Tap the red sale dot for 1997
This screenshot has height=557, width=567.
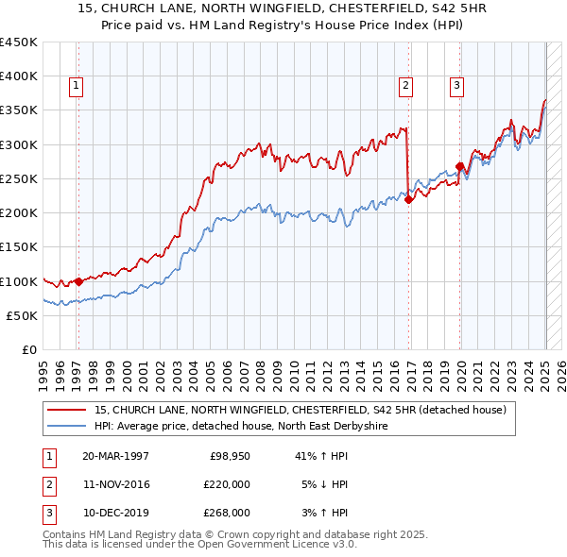pyautogui.click(x=78, y=280)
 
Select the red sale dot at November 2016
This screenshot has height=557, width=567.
pyautogui.click(x=409, y=199)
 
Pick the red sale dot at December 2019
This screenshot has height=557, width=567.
pyautogui.click(x=460, y=166)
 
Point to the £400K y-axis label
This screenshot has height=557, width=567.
pyautogui.click(x=19, y=76)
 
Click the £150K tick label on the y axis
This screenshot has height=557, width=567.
pyautogui.click(x=19, y=247)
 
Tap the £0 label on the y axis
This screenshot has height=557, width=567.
pyautogui.click(x=28, y=350)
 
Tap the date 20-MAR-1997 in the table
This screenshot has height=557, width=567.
pyautogui.click(x=115, y=456)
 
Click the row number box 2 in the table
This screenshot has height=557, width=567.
pyautogui.click(x=46, y=484)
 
